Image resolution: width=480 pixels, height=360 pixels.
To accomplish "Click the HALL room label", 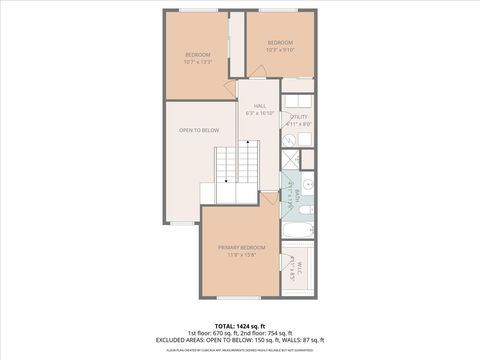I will click(x=259, y=106).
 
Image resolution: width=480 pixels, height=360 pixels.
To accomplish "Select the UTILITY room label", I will click(x=299, y=117).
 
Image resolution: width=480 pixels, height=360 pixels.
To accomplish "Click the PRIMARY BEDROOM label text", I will click(x=241, y=246).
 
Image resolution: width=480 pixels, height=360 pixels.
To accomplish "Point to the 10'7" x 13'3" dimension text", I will click(x=199, y=61).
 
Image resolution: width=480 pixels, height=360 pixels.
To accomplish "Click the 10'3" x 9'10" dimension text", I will click(x=279, y=49).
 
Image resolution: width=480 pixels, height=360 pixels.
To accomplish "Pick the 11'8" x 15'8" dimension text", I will click(x=241, y=255).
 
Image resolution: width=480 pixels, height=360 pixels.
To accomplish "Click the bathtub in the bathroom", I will click(x=298, y=230).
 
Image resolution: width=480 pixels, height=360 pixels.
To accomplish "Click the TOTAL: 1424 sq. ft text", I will click(x=240, y=326).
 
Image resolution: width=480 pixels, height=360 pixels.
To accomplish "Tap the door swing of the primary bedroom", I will click(x=270, y=199).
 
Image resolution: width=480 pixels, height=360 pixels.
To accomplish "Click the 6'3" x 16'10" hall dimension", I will click(x=259, y=114).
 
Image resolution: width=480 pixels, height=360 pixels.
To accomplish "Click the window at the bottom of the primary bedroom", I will click(x=240, y=297).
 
